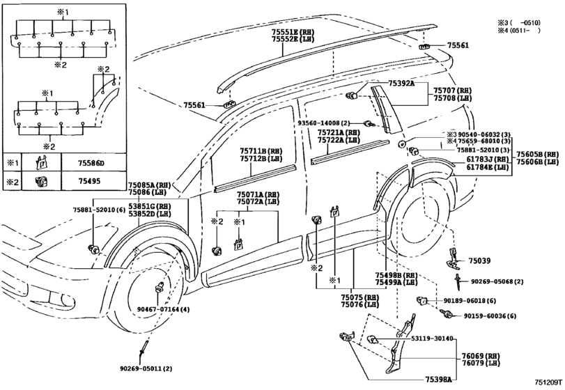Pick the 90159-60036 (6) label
pyautogui.click(x=490, y=316)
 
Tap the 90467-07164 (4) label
pyautogui.click(x=162, y=309)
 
